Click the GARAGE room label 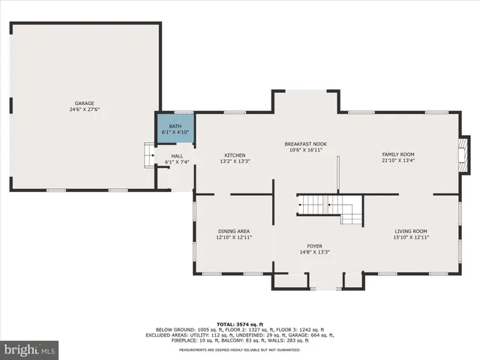[83, 103]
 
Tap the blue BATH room [175, 128]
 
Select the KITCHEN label [235, 155]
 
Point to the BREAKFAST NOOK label [305, 143]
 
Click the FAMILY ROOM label [397, 154]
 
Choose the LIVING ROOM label [411, 231]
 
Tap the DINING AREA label [233, 231]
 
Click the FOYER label [314, 246]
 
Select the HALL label [176, 156]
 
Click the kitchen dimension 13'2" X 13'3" [235, 161]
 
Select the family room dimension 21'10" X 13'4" [397, 160]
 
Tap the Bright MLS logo [30, 349]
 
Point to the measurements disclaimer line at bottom [240, 350]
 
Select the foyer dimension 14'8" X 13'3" [314, 252]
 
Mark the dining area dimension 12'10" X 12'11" [233, 237]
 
